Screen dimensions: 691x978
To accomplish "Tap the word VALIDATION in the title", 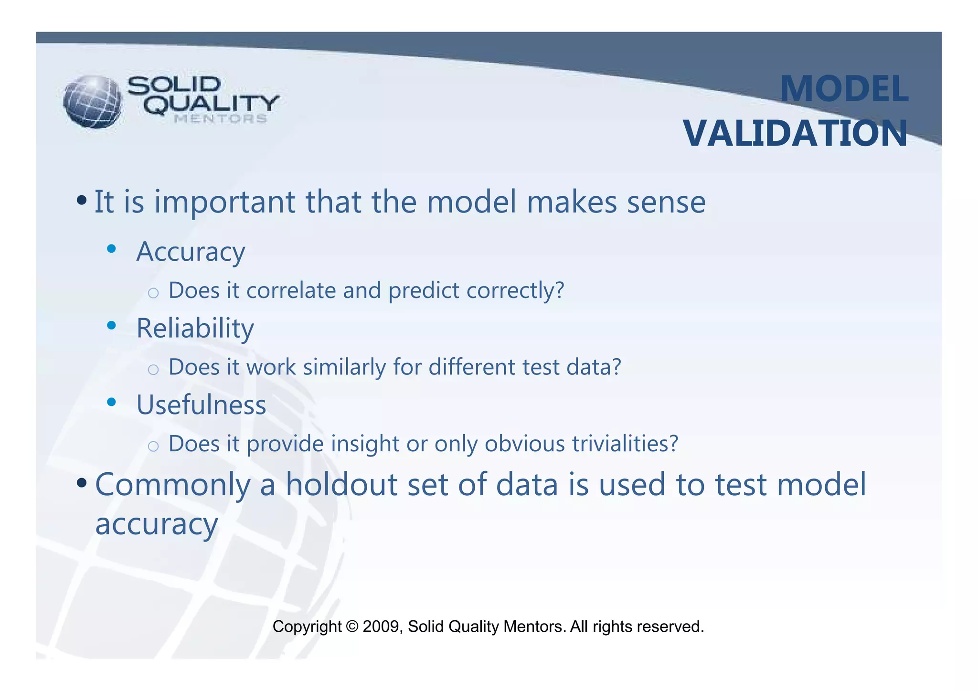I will pos(795,134).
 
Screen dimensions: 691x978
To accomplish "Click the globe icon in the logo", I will pos(93,102).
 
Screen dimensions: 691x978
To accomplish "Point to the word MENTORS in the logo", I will pos(220,119).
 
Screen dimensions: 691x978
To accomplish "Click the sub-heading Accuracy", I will pos(191,252).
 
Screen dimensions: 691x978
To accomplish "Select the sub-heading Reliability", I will pos(195,329).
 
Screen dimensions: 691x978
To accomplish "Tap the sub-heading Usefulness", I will pos(201,405).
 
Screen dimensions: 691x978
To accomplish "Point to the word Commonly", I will pos(172,485).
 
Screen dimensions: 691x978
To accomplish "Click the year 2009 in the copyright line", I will pos(381,626).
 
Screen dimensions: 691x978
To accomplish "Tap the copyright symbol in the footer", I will pos(352,626).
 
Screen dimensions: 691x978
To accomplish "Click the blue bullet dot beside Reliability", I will pos(112,326).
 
